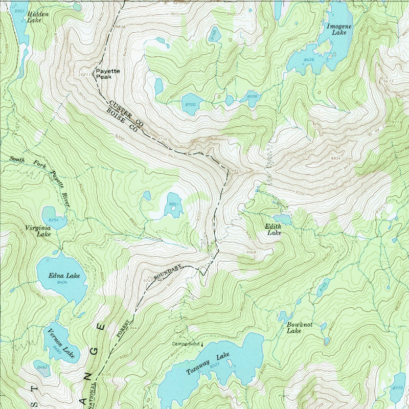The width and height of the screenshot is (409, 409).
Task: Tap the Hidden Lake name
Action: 38,17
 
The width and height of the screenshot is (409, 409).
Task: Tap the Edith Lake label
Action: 274,229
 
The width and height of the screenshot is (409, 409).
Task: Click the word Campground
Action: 185,344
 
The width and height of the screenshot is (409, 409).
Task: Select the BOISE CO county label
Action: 123,121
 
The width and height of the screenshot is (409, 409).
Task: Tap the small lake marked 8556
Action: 252,96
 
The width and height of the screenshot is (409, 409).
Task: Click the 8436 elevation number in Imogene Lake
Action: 309,60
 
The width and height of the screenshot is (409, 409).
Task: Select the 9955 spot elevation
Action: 236,170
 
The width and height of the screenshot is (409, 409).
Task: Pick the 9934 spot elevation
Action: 335,158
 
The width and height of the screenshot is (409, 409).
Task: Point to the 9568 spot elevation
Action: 251,252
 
